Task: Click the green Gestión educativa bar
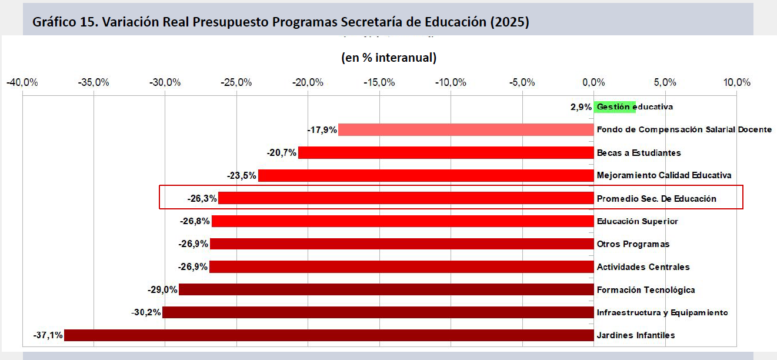pos(615,106)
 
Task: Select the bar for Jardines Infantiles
pos(329,335)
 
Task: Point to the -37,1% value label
pos(48,335)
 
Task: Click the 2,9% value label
pos(581,107)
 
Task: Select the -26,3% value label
pos(202,199)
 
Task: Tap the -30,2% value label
pos(146,312)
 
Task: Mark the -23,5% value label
pos(242,176)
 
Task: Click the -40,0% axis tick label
pos(22,82)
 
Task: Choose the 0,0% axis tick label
pos(593,82)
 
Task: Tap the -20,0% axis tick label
pos(308,82)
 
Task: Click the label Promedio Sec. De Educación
pos(656,199)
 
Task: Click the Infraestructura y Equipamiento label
pos(662,312)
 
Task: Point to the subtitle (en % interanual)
pos(389,58)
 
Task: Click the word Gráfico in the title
pos(54,22)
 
